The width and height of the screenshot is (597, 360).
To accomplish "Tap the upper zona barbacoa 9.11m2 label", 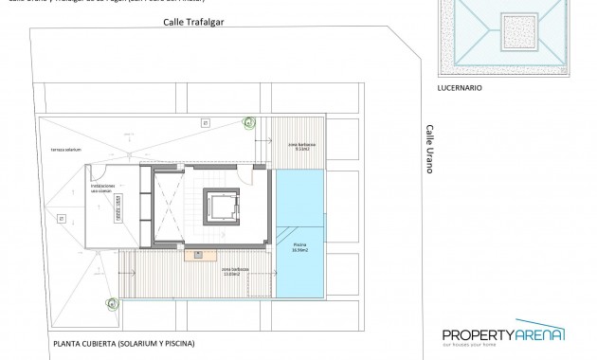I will point(298,145).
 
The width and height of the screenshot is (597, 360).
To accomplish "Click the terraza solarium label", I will point(67,151).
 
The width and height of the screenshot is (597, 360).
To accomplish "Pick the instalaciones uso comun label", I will point(102,189).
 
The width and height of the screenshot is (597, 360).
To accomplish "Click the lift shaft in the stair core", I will point(223,206).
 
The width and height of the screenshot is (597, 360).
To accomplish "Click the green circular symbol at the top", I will point(249,121).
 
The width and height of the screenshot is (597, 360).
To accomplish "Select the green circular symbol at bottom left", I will point(111,304).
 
